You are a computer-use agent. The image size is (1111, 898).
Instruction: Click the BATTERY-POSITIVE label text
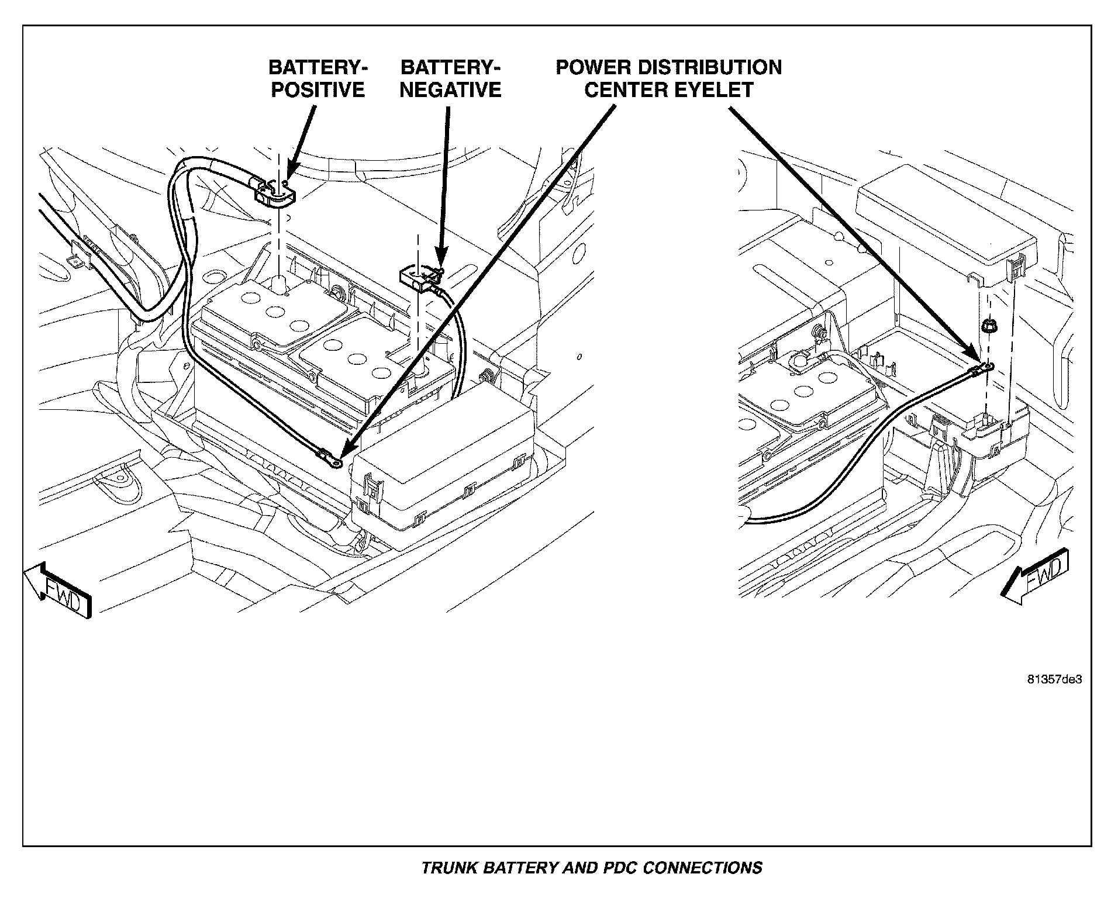[x=318, y=78]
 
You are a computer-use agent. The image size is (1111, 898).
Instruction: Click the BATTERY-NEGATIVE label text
[x=451, y=78]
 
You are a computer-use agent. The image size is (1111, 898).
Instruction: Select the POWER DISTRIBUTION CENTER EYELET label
[x=668, y=78]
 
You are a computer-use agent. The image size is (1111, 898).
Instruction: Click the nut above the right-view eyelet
[x=987, y=326]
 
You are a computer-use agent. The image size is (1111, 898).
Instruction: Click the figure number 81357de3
[x=1054, y=680]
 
